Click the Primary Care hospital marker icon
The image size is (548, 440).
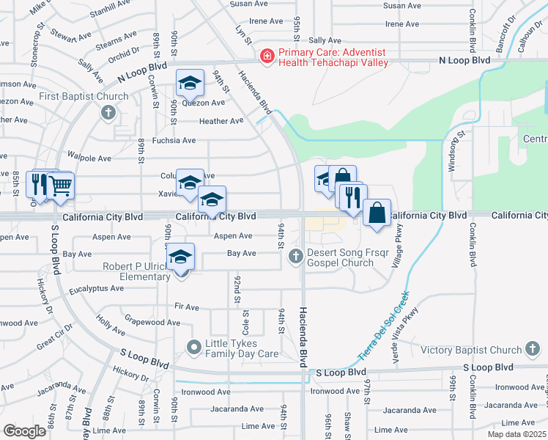pyautogui.click(x=267, y=55)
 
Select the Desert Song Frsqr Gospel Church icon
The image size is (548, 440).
pyautogui.click(x=295, y=256)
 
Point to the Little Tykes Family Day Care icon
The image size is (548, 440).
pyautogui.click(x=194, y=347)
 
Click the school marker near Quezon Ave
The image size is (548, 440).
pyautogui.click(x=190, y=82)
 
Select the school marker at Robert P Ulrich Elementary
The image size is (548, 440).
pyautogui.click(x=181, y=257)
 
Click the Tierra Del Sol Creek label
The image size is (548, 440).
pyautogui.click(x=384, y=326)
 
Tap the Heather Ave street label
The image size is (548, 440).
pyautogui.click(x=221, y=121)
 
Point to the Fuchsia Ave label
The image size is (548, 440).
pyautogui.click(x=174, y=140)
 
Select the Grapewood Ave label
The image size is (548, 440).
pyautogui.click(x=152, y=322)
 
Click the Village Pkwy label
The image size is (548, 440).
pyautogui.click(x=399, y=249)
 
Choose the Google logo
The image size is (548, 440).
pyautogui.click(x=24, y=431)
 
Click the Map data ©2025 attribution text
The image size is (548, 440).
pyautogui.click(x=516, y=434)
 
